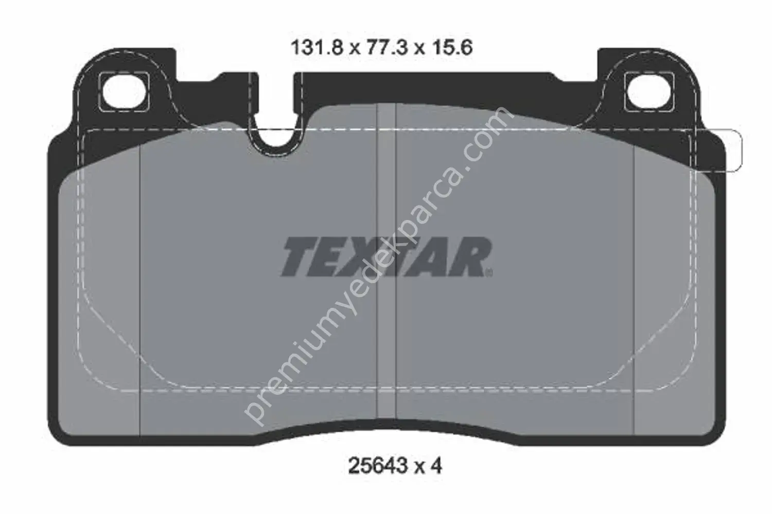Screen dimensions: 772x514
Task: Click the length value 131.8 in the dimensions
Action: point(318,47)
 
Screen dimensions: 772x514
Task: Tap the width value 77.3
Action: point(387,47)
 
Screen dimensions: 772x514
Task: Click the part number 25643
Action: point(378,467)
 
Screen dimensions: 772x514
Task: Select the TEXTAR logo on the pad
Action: point(387,256)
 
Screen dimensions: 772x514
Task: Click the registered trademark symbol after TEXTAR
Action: point(489,273)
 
